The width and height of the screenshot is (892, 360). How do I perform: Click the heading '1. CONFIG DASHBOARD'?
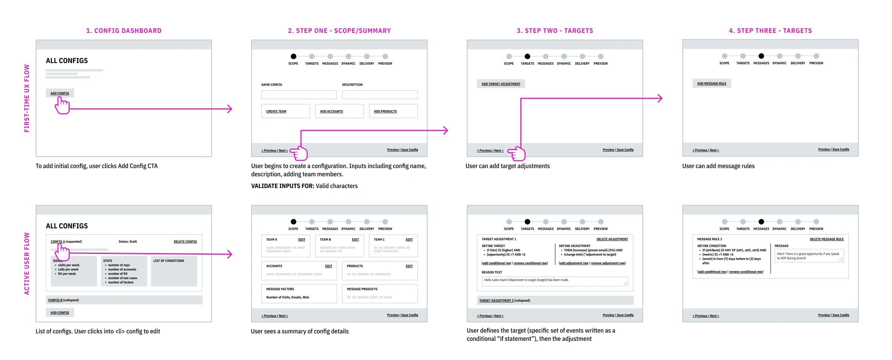click(x=124, y=31)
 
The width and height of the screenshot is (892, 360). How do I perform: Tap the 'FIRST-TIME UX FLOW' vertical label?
click(x=27, y=98)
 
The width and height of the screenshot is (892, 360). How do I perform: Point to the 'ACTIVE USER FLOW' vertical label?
click(x=27, y=264)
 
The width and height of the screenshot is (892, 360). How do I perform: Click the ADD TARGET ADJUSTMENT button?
click(x=501, y=84)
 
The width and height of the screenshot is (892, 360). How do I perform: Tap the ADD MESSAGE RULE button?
click(x=711, y=83)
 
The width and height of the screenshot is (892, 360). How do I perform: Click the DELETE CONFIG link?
click(x=185, y=242)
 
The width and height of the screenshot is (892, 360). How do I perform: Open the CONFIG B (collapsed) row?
click(x=63, y=300)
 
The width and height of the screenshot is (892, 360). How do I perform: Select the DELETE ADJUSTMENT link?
click(x=612, y=239)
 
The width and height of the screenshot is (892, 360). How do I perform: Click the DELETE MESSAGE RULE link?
click(x=827, y=239)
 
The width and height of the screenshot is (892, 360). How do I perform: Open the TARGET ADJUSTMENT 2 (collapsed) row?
click(x=504, y=300)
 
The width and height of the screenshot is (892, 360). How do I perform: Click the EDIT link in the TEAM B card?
click(x=355, y=240)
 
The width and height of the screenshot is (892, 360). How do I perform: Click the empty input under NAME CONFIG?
click(x=299, y=95)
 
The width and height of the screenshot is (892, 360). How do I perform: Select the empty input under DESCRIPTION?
click(x=379, y=95)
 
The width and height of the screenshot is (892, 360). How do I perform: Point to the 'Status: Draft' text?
click(x=128, y=242)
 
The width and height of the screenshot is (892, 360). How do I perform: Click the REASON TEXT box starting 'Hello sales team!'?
click(x=554, y=282)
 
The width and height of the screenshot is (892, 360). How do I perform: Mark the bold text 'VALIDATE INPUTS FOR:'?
click(x=283, y=186)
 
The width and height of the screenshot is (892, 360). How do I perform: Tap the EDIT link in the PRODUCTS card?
click(x=409, y=266)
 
